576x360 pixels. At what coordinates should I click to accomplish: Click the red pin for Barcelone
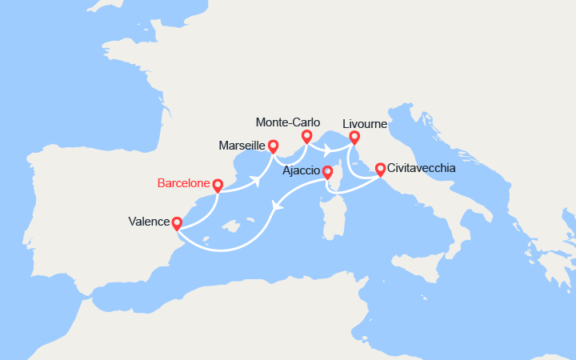coord(217,185)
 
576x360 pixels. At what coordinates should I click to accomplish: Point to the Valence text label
coord(148,222)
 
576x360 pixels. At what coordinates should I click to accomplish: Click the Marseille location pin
coord(273,146)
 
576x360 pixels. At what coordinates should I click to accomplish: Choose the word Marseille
coord(242,146)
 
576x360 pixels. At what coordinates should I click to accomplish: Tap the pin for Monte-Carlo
coord(306,137)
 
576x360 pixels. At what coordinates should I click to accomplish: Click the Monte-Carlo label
coord(288,122)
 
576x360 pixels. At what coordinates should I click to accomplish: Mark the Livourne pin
coord(354,137)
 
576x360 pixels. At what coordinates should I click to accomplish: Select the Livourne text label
coord(365,124)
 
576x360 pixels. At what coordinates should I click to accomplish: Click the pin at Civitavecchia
coord(380,169)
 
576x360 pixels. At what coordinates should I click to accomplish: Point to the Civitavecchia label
coord(423,169)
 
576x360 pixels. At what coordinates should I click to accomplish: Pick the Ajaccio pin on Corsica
coord(327,170)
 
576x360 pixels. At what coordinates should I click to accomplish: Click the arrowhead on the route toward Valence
coord(277,206)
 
